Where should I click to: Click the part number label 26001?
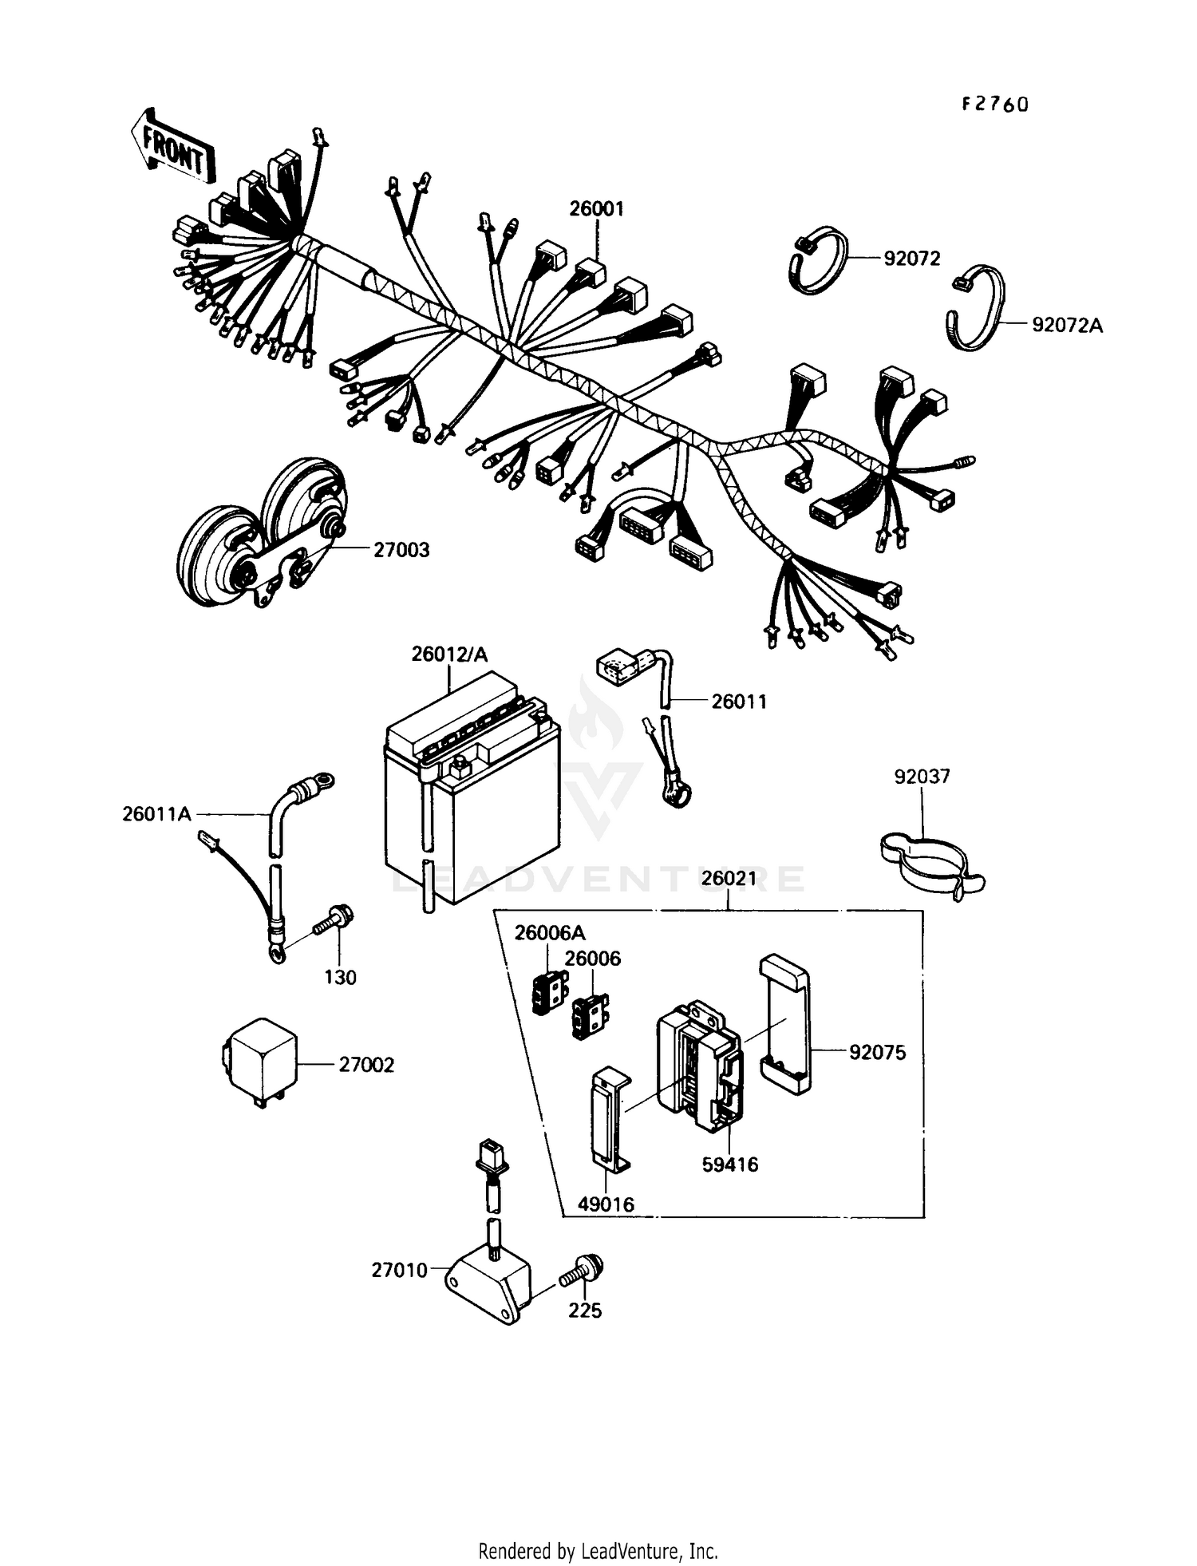[x=596, y=209]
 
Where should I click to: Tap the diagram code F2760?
[x=994, y=105]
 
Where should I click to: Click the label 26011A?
[x=156, y=814]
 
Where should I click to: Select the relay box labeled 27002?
[x=259, y=1062]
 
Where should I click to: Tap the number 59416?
[x=729, y=1165]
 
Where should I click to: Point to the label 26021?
[x=729, y=879]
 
